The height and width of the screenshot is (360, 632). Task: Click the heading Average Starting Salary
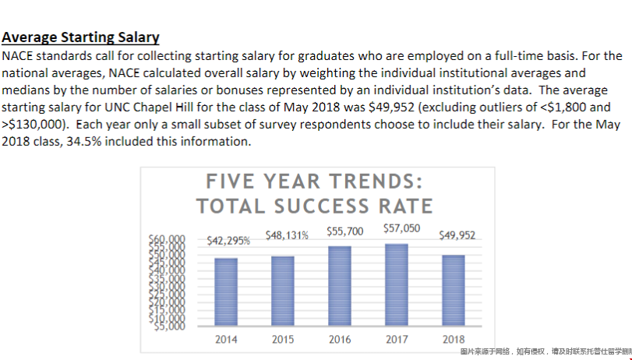coord(81,37)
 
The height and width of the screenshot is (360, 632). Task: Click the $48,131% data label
coord(287,234)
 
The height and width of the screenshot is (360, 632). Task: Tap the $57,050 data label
coord(402,228)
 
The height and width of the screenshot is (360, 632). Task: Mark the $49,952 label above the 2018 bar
coord(457,234)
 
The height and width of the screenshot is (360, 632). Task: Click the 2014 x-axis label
coord(226,340)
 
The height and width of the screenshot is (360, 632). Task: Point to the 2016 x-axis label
coord(340,340)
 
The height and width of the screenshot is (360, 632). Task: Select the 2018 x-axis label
coord(454,340)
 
